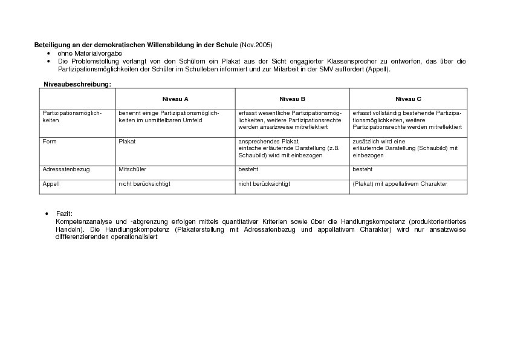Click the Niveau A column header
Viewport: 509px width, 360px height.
click(x=175, y=99)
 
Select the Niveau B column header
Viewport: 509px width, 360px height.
click(x=292, y=99)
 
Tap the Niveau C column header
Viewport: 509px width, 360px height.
click(x=409, y=99)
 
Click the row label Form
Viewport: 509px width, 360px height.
click(x=49, y=141)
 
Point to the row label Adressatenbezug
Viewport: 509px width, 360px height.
click(x=66, y=169)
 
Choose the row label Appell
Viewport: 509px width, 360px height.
click(x=51, y=183)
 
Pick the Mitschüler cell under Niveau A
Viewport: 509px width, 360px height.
click(x=132, y=169)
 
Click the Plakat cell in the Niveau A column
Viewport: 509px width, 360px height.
click(x=127, y=141)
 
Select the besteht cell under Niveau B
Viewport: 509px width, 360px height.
click(x=248, y=169)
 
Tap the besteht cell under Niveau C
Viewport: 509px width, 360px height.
click(x=362, y=169)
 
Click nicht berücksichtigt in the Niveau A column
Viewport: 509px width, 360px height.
click(x=144, y=183)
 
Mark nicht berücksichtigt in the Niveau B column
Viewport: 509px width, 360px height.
click(x=264, y=183)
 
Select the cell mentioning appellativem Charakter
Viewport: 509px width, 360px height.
click(x=400, y=183)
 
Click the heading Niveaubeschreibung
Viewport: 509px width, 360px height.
click(x=77, y=83)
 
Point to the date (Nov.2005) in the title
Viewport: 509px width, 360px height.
click(x=256, y=45)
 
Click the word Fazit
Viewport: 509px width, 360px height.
click(x=64, y=214)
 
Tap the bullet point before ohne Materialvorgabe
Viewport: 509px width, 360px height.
click(x=48, y=53)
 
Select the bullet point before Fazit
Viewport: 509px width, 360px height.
click(x=47, y=214)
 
